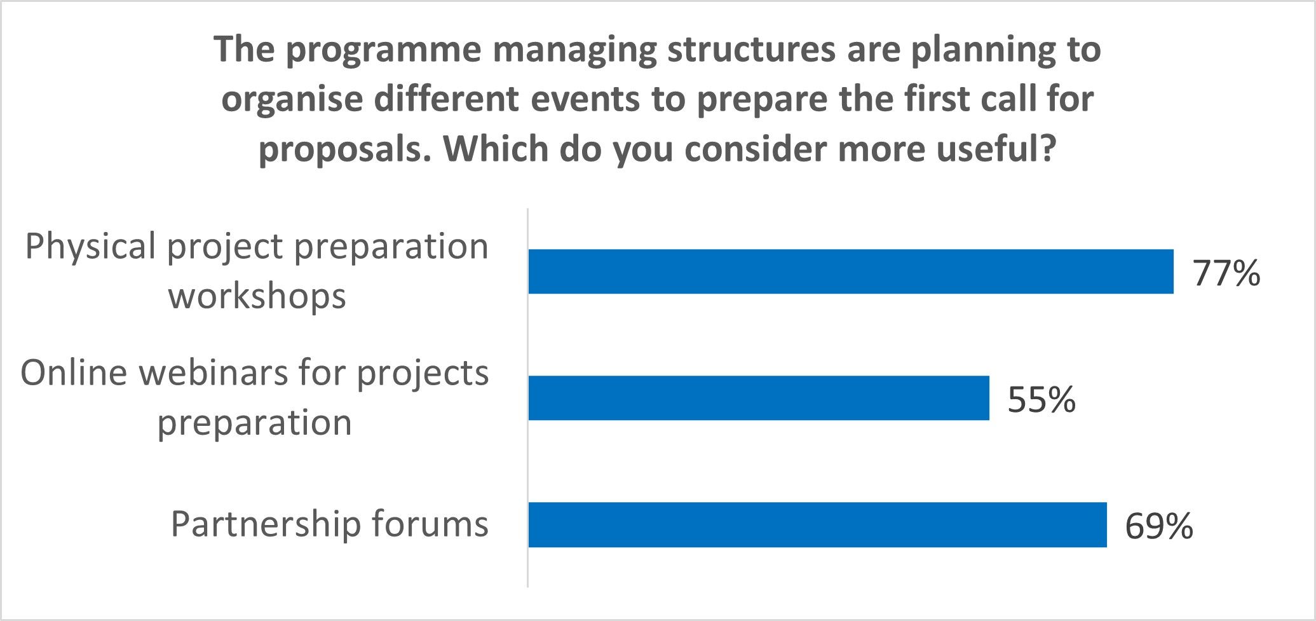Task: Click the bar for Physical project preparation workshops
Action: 851,271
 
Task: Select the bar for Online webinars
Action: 759,398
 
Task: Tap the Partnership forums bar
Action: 818,524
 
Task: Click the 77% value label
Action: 1226,273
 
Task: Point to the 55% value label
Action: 1041,400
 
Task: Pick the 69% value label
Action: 1159,526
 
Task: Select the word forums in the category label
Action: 430,524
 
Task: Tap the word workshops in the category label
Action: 257,296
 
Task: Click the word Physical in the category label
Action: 90,247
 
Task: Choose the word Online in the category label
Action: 74,372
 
